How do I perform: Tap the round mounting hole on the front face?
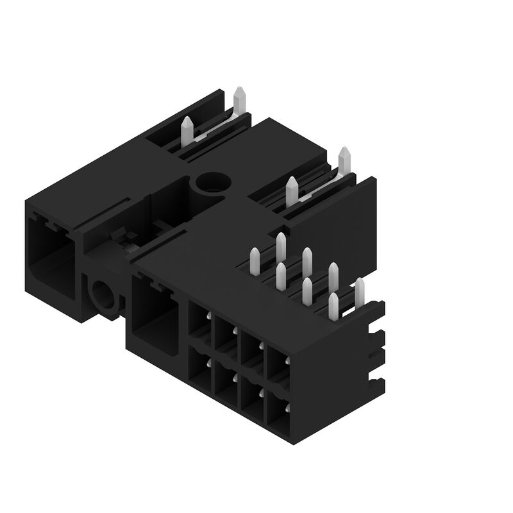(x=103, y=297)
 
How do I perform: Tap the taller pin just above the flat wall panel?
(x=344, y=160)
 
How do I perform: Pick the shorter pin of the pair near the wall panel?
(x=291, y=191)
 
